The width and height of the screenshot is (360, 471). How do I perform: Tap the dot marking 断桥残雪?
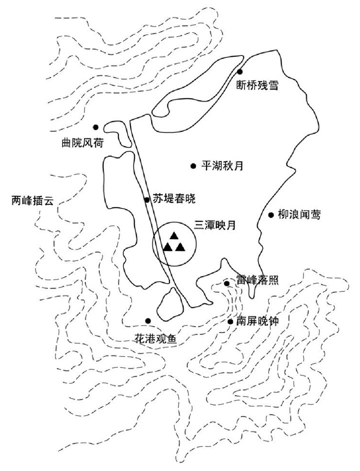click(x=240, y=72)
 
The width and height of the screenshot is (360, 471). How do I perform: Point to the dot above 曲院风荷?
click(x=95, y=127)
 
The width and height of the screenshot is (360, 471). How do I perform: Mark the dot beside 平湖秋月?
click(x=193, y=166)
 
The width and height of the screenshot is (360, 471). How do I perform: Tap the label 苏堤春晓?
click(x=173, y=199)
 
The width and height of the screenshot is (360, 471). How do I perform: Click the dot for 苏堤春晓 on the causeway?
click(x=146, y=200)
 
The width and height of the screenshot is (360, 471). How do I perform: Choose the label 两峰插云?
click(x=31, y=200)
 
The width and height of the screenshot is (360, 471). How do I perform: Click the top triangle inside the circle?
click(x=173, y=235)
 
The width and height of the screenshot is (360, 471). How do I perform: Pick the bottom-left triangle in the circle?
click(x=168, y=246)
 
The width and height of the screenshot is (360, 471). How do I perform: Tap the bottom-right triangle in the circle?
click(x=180, y=246)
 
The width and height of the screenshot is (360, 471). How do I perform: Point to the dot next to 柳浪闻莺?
click(x=271, y=215)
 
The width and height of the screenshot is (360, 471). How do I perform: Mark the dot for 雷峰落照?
click(x=226, y=283)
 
